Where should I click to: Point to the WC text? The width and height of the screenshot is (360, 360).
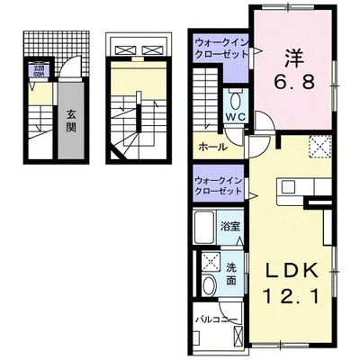235,118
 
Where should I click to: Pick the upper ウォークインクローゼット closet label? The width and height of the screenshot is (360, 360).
220,47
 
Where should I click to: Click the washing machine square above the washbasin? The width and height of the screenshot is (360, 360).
210,263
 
